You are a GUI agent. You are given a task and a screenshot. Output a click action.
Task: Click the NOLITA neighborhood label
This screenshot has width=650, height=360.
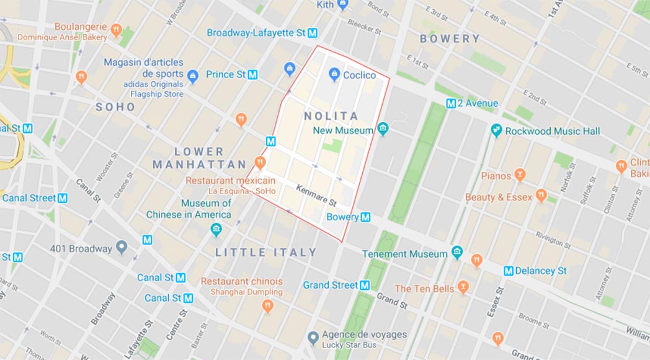(x=331, y=116)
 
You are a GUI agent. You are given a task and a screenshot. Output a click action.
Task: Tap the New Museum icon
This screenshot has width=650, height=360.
(x=383, y=130)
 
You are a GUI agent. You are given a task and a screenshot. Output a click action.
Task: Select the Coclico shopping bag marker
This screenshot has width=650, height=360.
(x=334, y=75)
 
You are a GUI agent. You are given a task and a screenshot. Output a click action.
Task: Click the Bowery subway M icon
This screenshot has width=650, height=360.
(x=366, y=217)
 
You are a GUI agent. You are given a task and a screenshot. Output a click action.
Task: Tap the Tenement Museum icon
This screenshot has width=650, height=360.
(x=457, y=253)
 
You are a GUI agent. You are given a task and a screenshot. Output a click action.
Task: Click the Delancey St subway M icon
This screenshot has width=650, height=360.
(x=509, y=271)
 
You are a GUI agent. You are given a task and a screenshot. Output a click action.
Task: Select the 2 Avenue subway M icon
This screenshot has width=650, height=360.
(x=451, y=104)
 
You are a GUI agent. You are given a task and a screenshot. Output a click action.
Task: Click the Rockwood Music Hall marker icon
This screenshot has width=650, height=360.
(x=496, y=131)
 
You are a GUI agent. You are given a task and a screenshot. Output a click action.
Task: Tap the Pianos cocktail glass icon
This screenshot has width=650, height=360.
(x=520, y=176)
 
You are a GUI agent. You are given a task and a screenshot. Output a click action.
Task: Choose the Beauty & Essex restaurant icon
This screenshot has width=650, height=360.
(x=541, y=197)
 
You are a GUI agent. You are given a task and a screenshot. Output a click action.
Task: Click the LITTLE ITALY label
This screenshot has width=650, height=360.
(x=266, y=253)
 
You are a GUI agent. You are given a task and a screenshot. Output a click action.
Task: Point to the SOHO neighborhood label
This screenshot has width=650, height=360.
(x=115, y=107)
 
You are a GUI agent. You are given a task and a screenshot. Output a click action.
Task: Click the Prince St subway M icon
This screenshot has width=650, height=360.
(x=252, y=74)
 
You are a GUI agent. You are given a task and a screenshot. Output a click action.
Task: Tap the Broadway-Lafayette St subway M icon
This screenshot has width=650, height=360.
(x=313, y=33)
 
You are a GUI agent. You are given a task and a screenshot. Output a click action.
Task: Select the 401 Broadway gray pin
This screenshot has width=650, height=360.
(x=122, y=248)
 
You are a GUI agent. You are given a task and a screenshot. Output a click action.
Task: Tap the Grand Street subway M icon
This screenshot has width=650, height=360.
(x=365, y=286)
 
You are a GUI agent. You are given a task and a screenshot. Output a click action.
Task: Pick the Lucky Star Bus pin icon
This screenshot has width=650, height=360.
(x=313, y=338)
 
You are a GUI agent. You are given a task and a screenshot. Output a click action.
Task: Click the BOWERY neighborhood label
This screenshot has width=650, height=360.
(x=450, y=38)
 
